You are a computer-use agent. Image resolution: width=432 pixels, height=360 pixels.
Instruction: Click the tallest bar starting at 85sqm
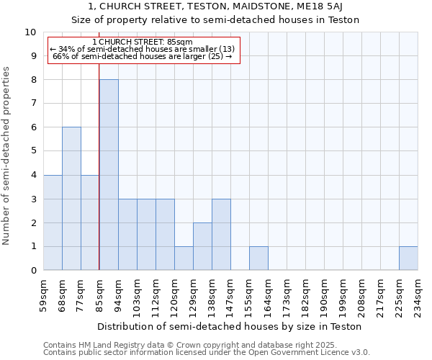coord(109,175)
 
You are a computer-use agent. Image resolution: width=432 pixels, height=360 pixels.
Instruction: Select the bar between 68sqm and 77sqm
coord(71,199)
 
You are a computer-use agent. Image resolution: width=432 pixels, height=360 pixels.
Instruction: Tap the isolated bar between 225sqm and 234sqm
coord(408,258)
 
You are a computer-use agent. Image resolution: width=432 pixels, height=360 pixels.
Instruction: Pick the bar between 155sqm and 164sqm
coord(258,258)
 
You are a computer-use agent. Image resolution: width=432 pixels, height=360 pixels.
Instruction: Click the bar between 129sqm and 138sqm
coord(202,246)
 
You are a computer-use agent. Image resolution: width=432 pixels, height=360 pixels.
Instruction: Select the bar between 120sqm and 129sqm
coord(184,258)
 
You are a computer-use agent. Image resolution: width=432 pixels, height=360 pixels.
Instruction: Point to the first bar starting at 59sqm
coord(53,222)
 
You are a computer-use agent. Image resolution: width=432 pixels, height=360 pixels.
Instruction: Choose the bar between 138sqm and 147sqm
coord(221,235)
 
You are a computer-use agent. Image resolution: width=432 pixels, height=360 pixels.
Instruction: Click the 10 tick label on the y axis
coord(30,32)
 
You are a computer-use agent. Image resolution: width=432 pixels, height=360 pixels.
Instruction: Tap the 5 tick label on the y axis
coord(33,151)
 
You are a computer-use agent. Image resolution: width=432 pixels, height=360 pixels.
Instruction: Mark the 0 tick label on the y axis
coord(33,271)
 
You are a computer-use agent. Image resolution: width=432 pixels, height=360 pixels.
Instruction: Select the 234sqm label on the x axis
coord(418,294)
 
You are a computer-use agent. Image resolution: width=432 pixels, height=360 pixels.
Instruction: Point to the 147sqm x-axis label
coord(231,294)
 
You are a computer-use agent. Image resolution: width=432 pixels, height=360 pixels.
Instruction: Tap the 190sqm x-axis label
coord(325,294)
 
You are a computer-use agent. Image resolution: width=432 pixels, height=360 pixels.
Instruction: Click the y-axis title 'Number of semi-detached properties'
coord(7,155)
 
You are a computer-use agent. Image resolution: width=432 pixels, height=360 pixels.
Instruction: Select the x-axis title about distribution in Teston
coord(229,326)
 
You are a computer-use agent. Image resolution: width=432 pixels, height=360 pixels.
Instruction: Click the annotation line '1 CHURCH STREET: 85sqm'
coord(142,42)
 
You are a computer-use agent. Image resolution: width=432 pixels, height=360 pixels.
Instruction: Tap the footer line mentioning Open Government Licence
coord(207,353)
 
